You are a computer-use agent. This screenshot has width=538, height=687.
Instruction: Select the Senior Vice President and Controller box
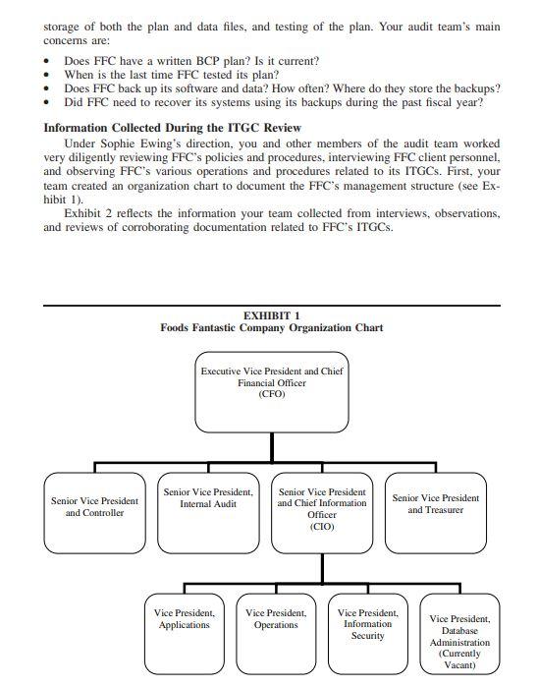click(x=94, y=511)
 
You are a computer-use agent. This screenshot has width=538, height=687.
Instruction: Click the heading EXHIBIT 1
click(x=271, y=315)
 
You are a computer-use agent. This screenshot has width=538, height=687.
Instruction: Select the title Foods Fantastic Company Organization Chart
click(x=271, y=328)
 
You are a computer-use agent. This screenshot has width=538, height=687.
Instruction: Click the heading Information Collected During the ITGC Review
click(x=173, y=128)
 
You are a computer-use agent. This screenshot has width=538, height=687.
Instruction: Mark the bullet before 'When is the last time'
click(x=49, y=75)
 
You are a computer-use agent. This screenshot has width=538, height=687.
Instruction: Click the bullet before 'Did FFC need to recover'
click(x=49, y=102)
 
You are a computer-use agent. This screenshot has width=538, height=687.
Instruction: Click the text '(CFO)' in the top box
click(x=271, y=394)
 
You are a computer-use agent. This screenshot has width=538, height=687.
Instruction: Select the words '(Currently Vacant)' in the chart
click(x=459, y=658)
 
